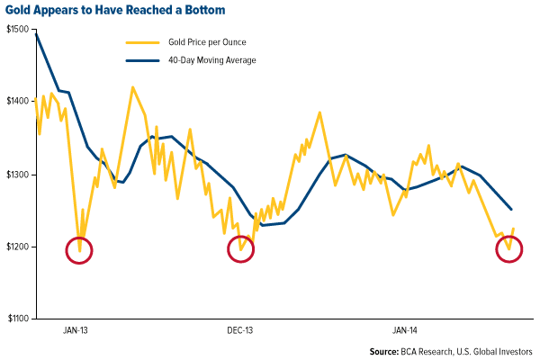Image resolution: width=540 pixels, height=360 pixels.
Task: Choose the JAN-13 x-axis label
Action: click(76, 330)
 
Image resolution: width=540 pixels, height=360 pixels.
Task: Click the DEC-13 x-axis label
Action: click(239, 330)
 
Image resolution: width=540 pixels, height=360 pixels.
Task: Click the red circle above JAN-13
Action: click(79, 251)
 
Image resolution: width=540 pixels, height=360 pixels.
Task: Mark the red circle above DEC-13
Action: click(241, 250)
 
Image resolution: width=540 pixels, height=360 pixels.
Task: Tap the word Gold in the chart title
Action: click(22, 11)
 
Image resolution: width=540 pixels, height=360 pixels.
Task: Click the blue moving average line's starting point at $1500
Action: click(35, 31)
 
